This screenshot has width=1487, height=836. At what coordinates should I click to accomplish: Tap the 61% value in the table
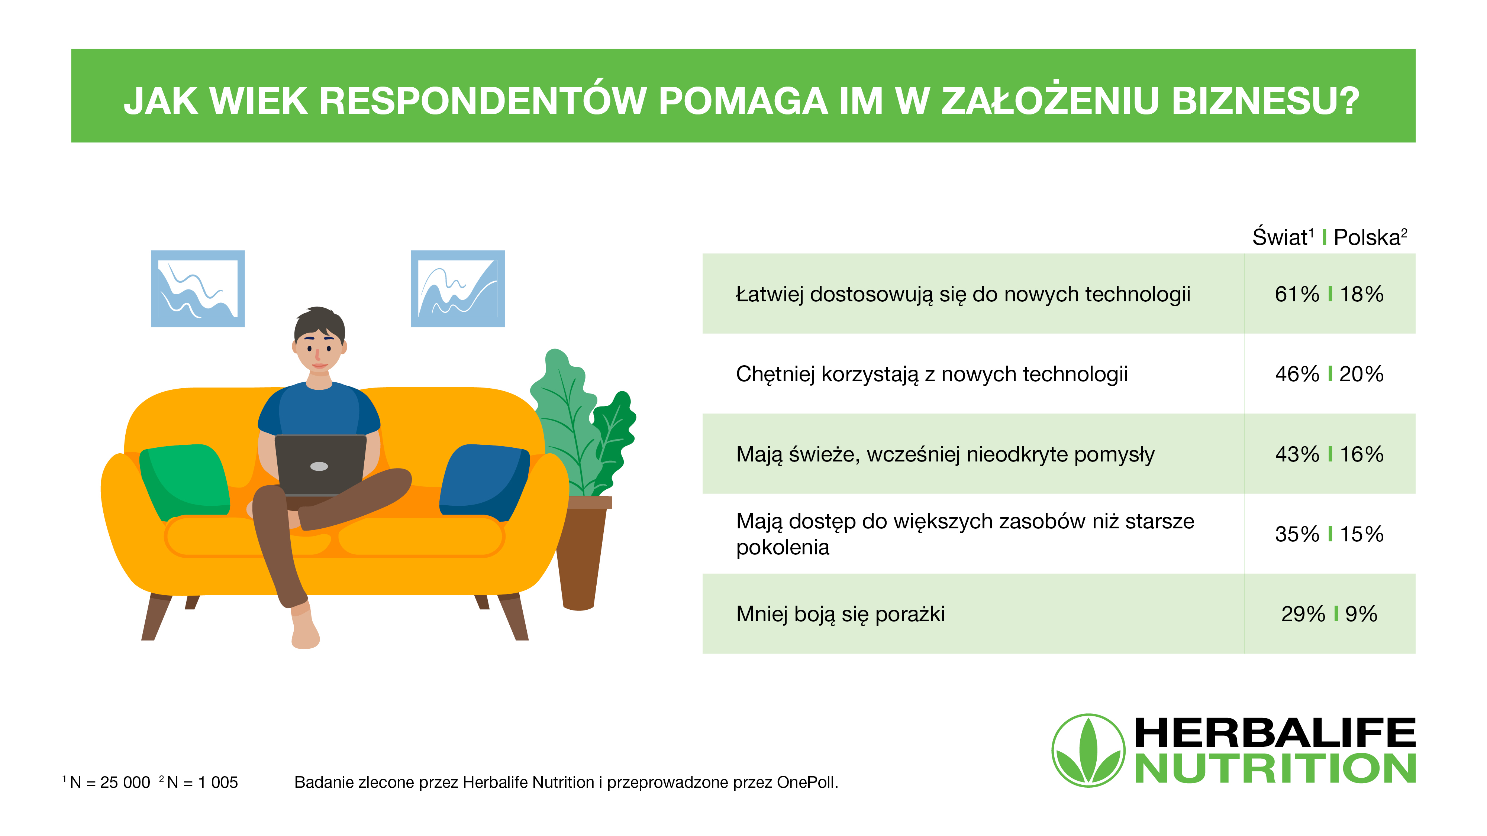1297,294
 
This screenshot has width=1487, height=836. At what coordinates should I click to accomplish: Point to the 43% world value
1297,454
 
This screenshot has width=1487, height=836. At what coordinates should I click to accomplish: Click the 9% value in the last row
1361,614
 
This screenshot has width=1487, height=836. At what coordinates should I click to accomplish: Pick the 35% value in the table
1297,534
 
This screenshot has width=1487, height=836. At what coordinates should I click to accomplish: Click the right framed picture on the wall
458,288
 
